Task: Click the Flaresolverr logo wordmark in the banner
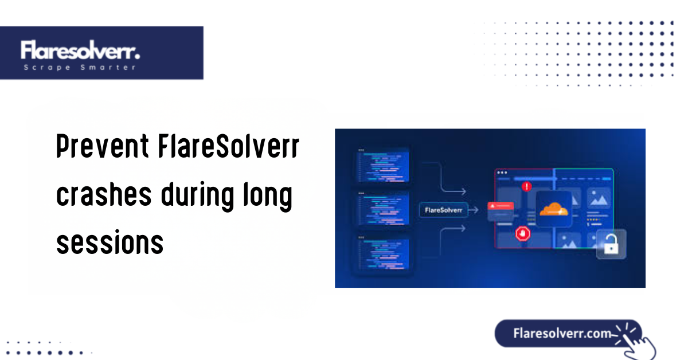[x=80, y=50]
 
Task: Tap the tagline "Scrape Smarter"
[x=80, y=68]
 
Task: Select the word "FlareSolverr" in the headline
[x=228, y=148]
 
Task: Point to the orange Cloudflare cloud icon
[x=553, y=209]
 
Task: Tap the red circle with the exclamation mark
[x=526, y=186]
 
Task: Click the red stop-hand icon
[x=522, y=233]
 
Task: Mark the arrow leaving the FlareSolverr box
[x=472, y=210]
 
